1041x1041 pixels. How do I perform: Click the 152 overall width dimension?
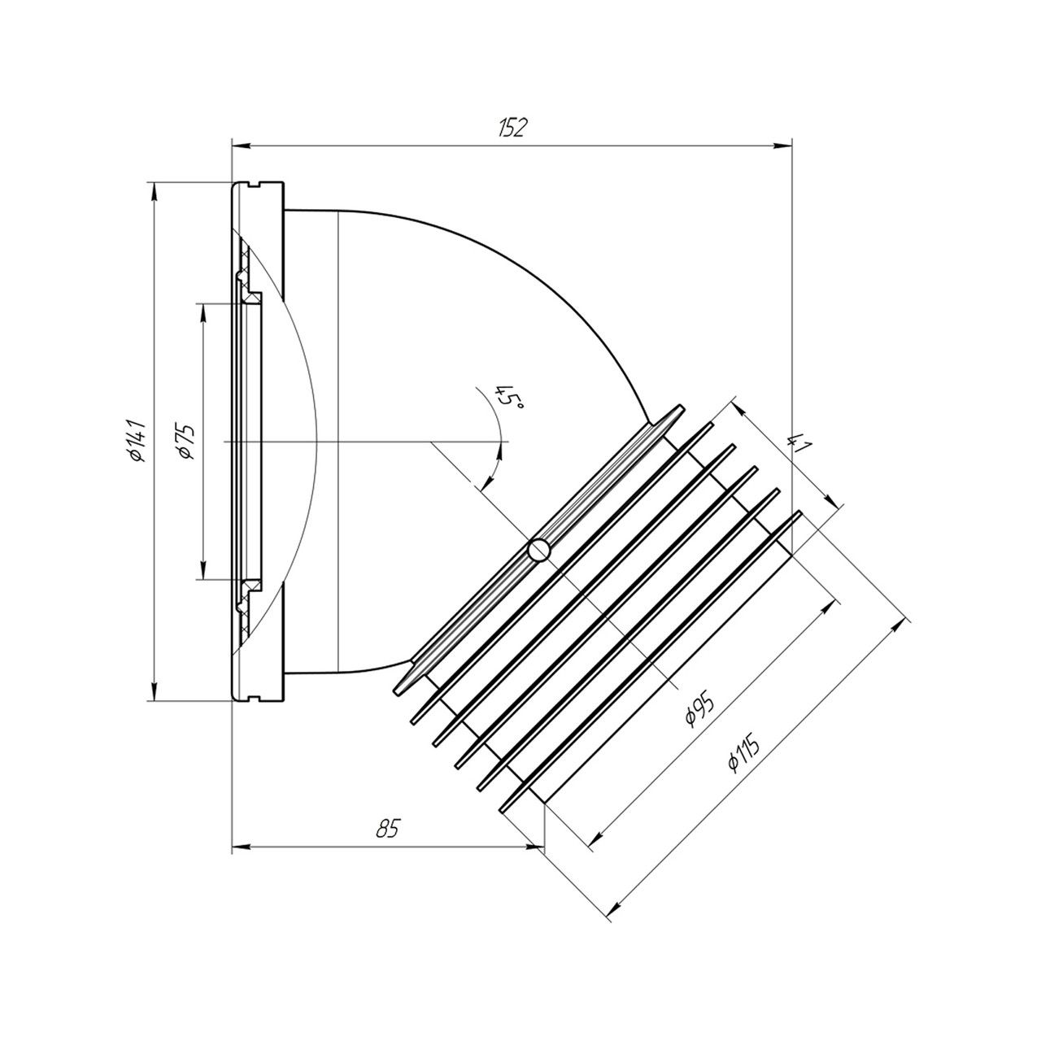point(512,127)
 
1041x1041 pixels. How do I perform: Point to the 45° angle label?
point(509,397)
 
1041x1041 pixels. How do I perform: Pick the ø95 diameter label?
point(699,708)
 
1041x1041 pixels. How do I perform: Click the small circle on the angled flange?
point(538,550)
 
